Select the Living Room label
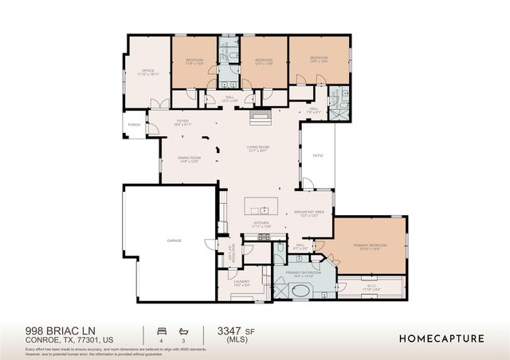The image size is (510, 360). coord(257,149)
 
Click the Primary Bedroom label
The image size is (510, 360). coord(372,246)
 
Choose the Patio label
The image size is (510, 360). coord(317,156)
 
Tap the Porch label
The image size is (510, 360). coord(133,123)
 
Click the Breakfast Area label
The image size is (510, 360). coord(307,213)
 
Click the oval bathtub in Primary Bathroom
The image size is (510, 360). coord(302,290)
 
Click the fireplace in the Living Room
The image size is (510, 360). coord(260,119)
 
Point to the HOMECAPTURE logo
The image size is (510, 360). coord(441,338)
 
